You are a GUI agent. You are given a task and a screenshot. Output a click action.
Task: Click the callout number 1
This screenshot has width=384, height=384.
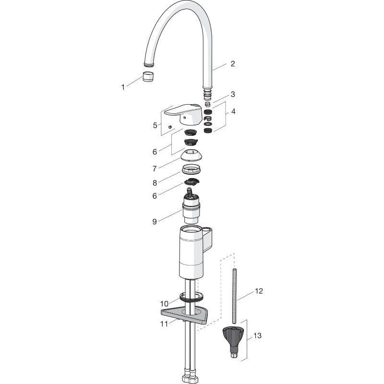click(123, 87)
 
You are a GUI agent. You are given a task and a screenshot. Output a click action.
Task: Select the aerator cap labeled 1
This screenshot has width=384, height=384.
click(148, 76)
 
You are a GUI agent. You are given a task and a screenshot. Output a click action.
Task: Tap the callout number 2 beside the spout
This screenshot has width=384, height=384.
click(233, 64)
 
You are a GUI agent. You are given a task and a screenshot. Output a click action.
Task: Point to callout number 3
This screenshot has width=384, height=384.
click(233, 94)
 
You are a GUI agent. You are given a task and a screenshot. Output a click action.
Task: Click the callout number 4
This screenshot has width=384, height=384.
click(233, 111)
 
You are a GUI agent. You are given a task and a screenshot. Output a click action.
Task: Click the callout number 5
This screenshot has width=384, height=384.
click(155, 125)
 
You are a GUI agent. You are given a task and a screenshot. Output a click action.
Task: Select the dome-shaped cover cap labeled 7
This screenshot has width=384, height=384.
click(192, 156)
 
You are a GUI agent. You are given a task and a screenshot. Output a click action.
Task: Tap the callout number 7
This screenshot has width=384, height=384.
click(155, 168)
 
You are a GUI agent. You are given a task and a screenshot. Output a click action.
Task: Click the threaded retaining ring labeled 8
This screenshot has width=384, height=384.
click(192, 169)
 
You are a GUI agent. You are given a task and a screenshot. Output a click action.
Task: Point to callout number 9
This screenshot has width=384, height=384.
click(155, 221)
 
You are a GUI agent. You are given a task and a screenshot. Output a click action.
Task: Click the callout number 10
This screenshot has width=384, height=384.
click(164, 304)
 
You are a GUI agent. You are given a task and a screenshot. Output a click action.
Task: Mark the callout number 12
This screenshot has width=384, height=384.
click(259, 291)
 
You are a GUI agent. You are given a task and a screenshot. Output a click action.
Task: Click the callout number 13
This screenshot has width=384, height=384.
click(257, 336)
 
